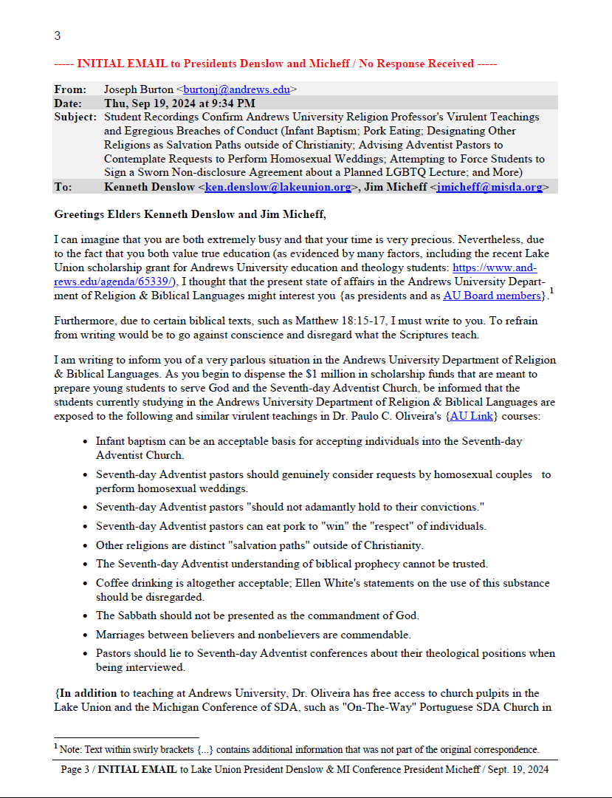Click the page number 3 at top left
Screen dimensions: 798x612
click(x=58, y=35)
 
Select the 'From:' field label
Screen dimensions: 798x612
click(x=69, y=89)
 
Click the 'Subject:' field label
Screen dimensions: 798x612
click(x=75, y=117)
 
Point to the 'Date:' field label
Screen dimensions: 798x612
click(x=68, y=103)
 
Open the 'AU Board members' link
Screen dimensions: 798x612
click(x=491, y=296)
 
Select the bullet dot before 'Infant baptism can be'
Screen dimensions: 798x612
click(x=86, y=441)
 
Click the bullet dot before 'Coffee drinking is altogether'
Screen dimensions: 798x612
click(x=86, y=583)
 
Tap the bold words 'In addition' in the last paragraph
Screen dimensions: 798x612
click(x=88, y=693)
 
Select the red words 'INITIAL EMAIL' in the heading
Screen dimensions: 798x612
click(x=128, y=64)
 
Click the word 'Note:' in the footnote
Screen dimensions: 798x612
click(x=72, y=749)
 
